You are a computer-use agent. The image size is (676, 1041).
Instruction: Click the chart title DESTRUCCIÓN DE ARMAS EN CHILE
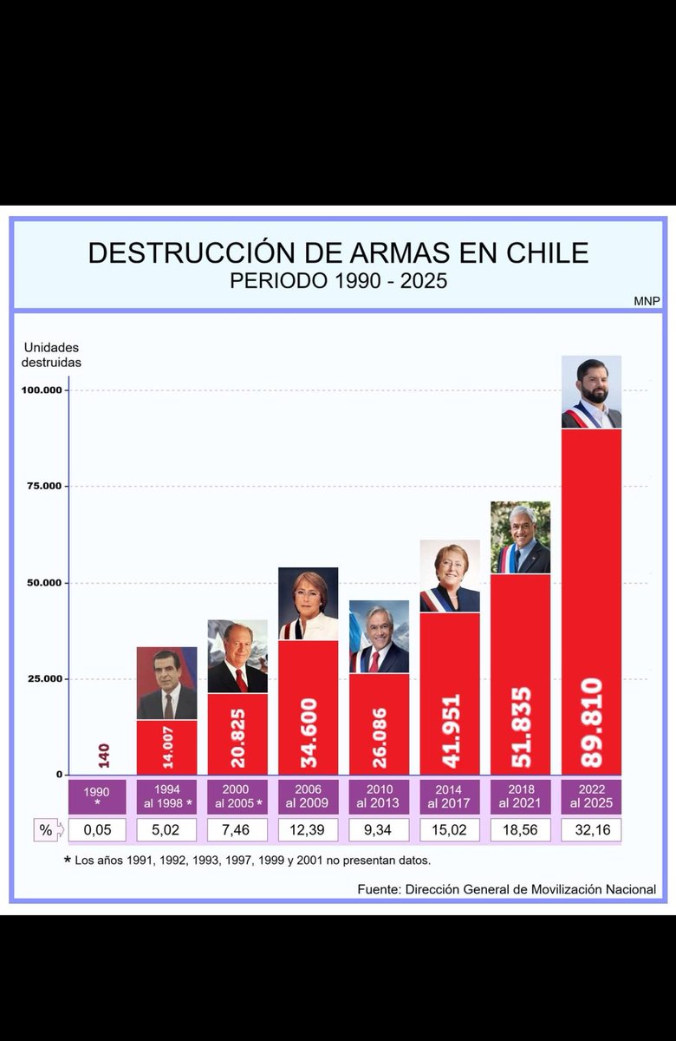[338, 252]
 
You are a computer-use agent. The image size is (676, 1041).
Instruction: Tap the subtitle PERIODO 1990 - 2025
[338, 281]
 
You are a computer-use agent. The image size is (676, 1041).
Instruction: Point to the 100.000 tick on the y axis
[41, 390]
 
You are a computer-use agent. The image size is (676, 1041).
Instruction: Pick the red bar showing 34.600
[309, 707]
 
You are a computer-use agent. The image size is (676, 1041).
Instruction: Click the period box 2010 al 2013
[379, 796]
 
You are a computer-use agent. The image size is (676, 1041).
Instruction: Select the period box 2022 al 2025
[591, 796]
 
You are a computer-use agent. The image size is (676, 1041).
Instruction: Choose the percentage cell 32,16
[591, 830]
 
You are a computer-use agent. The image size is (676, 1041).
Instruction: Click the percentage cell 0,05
[96, 830]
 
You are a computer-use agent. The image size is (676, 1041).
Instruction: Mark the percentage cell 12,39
[309, 830]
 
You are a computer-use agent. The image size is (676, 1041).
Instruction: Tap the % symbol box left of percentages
[46, 830]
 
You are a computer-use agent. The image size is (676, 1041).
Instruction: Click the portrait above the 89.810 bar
[591, 392]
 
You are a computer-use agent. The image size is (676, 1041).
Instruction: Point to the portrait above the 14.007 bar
[166, 684]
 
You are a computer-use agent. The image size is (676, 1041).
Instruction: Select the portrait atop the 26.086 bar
[379, 637]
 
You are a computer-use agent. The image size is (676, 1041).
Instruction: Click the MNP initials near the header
[646, 301]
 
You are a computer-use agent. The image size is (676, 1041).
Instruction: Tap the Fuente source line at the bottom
[506, 889]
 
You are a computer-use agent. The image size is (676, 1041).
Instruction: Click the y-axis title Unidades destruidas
[52, 355]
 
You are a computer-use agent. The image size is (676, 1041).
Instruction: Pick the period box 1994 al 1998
[166, 796]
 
